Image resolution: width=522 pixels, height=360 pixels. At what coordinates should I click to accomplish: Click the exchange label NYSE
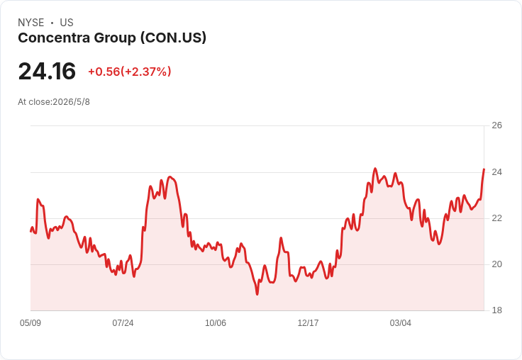click(x=31, y=23)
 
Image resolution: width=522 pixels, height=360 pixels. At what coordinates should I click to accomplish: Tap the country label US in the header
click(x=67, y=23)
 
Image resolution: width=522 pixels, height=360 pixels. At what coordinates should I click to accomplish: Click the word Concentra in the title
click(x=54, y=38)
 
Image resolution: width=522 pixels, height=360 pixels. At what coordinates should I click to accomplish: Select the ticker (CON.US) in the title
click(x=173, y=38)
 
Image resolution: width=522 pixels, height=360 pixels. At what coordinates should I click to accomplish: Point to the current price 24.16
click(x=47, y=71)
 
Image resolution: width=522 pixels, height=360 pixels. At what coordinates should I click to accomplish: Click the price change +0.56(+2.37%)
click(x=130, y=72)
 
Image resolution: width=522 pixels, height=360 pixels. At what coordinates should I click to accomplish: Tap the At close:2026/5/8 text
click(x=54, y=102)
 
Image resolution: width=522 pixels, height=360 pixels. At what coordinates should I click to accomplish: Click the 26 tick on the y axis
click(x=497, y=125)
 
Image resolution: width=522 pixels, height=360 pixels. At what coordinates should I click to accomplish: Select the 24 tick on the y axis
click(x=497, y=172)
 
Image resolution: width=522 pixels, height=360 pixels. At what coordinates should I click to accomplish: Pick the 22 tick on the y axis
click(x=497, y=218)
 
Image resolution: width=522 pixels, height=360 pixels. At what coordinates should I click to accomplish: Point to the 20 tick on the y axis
click(x=497, y=264)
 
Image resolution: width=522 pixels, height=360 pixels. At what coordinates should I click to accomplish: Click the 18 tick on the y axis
click(x=497, y=310)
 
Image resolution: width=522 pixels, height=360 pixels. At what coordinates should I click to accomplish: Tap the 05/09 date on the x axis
click(x=30, y=323)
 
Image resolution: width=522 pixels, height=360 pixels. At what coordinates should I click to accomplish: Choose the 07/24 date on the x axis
click(x=123, y=323)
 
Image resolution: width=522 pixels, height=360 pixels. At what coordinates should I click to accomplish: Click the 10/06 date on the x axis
click(x=216, y=323)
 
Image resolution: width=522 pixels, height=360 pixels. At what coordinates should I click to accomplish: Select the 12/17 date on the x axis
click(x=308, y=323)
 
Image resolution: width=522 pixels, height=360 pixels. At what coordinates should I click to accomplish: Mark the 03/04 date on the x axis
click(x=401, y=323)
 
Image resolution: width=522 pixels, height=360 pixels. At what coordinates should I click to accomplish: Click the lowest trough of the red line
click(x=257, y=294)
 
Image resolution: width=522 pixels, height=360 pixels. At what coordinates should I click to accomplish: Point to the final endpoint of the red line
click(x=484, y=169)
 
